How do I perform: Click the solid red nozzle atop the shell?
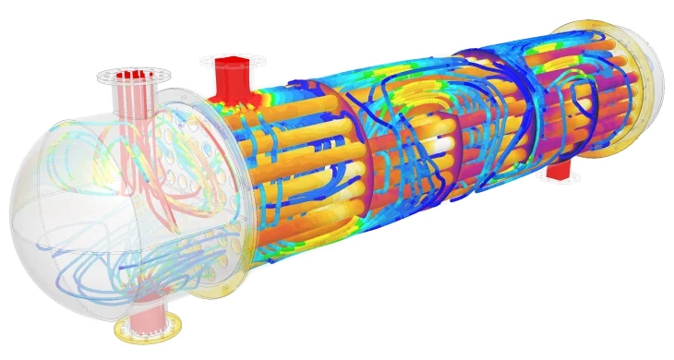click(227, 78)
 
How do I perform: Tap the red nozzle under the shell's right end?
click(557, 171)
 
